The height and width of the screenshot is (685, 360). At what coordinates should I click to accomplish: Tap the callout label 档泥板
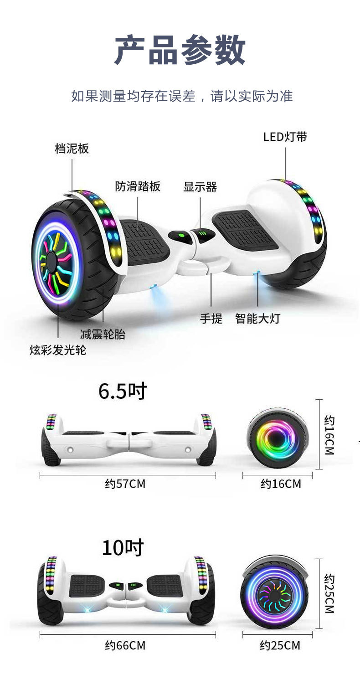point(72,149)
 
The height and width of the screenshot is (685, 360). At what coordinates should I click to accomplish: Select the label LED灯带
point(285,137)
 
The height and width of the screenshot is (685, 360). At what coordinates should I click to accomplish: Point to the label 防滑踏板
point(138,186)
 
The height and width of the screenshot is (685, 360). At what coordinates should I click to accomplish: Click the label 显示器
point(200,186)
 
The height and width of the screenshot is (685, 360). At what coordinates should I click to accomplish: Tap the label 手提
point(211,318)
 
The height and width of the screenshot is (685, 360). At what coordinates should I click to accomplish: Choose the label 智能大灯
point(257,318)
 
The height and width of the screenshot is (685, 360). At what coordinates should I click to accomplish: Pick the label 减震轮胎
point(103,334)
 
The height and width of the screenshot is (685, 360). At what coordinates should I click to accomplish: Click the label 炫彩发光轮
point(58,350)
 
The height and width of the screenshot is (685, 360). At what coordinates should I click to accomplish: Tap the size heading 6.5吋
point(123,391)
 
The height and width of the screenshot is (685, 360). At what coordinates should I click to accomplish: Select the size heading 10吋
point(123,547)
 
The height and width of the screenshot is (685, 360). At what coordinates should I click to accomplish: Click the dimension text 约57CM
point(125,484)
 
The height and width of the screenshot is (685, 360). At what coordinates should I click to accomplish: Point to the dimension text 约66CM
point(125,645)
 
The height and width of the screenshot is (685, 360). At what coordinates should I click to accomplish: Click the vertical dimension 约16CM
point(329,434)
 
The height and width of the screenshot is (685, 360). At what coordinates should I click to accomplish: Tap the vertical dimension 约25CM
point(329,593)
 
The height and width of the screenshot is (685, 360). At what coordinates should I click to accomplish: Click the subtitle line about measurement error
point(182,96)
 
